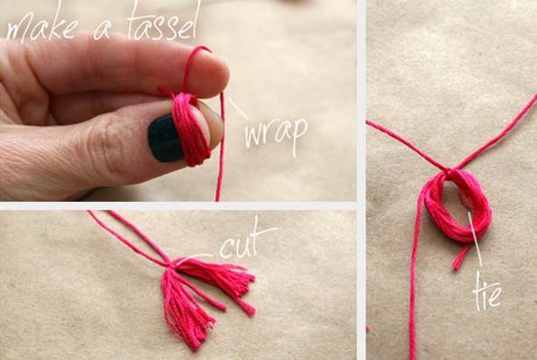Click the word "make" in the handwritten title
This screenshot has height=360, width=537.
point(41,26)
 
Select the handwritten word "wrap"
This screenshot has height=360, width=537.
point(276,133)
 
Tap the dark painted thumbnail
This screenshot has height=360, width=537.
point(164,138)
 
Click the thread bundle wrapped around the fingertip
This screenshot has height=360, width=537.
point(190,129)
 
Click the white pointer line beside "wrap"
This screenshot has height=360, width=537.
point(237,108)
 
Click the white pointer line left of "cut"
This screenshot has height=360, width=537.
point(194,257)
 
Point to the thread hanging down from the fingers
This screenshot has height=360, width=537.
point(221,148)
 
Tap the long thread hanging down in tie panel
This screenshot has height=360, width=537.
point(414,274)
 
